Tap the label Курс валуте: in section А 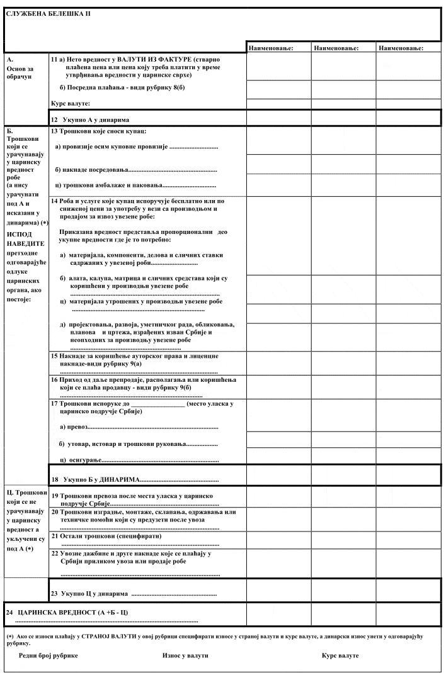71,103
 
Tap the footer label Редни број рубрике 49,655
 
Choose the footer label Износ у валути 185,655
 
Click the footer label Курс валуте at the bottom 340,655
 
